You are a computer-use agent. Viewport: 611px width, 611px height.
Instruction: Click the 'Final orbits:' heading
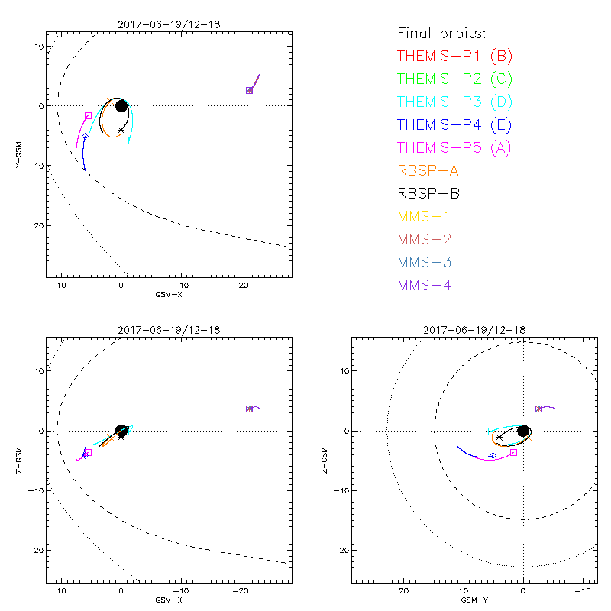coord(442,33)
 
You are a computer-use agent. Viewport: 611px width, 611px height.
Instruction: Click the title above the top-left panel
coord(169,24)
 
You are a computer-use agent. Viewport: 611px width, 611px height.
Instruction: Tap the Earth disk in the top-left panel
coord(121,105)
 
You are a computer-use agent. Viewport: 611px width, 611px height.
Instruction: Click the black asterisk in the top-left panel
coord(121,130)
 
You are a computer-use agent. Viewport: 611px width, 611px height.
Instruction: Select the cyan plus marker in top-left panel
coord(129,141)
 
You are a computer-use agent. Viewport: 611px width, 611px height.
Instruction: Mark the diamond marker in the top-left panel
coord(85,136)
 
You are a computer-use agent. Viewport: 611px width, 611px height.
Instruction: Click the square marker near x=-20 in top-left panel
coord(249,90)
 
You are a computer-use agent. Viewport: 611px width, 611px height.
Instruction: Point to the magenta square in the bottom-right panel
coord(513,452)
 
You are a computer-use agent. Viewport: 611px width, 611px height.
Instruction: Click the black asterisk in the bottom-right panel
coord(499,437)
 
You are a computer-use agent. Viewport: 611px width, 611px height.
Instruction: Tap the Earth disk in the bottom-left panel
coord(121,431)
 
